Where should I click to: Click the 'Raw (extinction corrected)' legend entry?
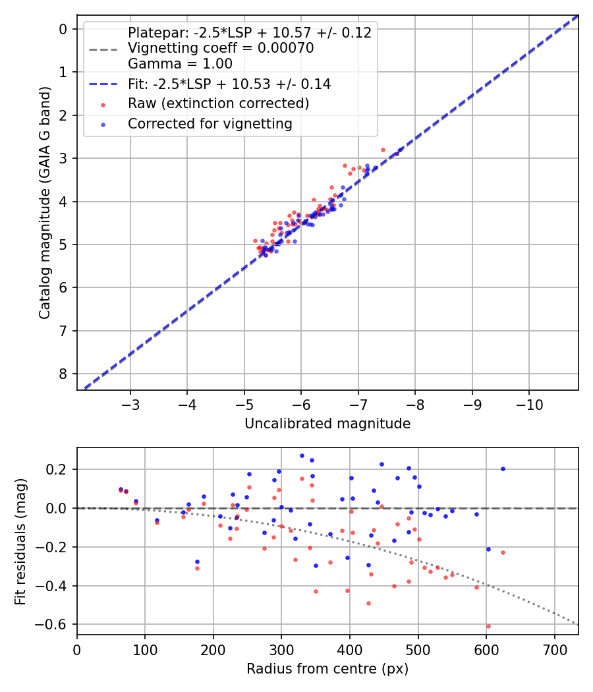pos(218,103)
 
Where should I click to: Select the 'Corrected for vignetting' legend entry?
pos(210,123)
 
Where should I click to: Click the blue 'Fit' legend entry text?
pos(229,84)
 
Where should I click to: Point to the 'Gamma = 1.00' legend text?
pos(180,64)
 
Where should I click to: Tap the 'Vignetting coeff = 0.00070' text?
pos(221,48)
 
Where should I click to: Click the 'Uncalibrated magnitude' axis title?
pos(327,424)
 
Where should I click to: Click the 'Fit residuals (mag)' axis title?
pos(20,540)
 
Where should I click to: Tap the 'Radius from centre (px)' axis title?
pos(327,669)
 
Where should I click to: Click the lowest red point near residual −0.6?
pos(488,626)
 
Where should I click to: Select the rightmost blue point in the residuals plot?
pos(503,469)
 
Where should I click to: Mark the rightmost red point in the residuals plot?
pos(503,552)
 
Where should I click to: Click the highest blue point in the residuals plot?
pos(302,455)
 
